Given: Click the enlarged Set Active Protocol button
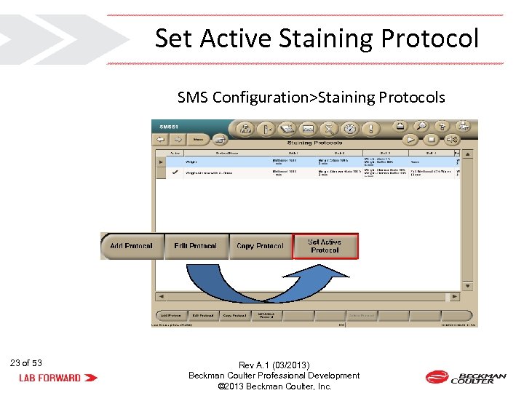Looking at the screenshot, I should point(325,246).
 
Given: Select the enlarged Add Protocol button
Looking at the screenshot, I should point(132,246).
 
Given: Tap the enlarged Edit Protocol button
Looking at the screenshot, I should point(196,246).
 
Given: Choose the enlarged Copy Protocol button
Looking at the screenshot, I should point(260,246).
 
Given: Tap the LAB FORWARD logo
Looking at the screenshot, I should point(59,378).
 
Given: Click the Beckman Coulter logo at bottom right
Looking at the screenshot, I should point(466,377).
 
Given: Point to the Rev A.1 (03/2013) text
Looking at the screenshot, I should point(274,365).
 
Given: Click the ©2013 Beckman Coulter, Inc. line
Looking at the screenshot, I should point(274,386).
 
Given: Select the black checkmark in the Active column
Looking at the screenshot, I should point(175,173).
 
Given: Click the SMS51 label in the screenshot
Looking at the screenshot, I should point(170,127).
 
